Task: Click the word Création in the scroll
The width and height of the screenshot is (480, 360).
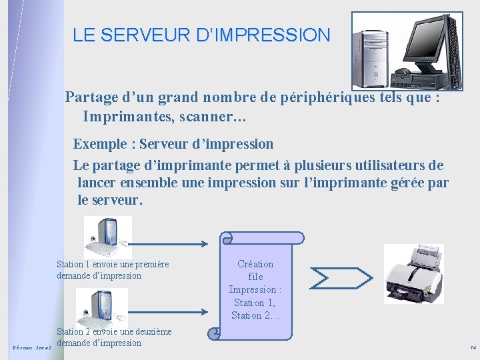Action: (255, 264)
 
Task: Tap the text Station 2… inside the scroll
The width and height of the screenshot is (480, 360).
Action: (255, 315)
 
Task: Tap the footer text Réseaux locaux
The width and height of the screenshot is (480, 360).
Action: (31, 347)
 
